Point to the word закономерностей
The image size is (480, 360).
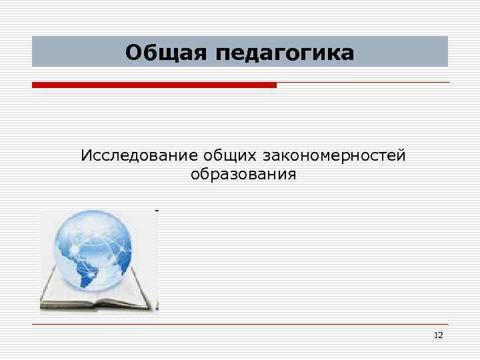tap(334, 157)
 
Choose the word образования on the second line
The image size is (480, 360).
tap(243, 175)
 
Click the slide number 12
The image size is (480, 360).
tap(438, 335)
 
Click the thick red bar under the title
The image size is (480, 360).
tap(154, 85)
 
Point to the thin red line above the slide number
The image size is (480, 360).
tap(240, 325)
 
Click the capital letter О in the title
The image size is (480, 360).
tap(133, 51)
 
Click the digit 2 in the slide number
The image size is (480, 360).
tap(440, 335)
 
